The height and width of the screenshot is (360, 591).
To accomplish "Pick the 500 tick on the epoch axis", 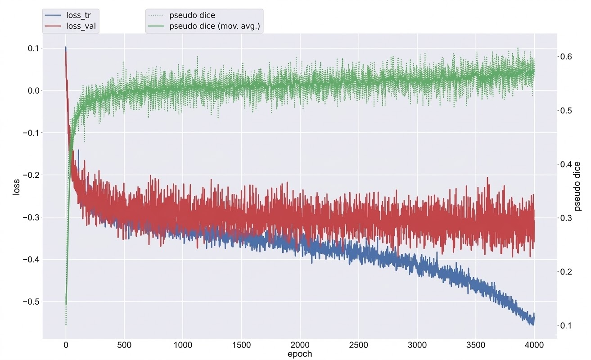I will pyautogui.click(x=124, y=346).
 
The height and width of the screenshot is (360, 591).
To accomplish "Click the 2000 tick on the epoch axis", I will pyautogui.click(x=300, y=346).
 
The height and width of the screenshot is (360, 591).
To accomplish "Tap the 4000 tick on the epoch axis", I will pyautogui.click(x=534, y=346).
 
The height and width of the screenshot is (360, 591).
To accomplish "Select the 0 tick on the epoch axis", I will pyautogui.click(x=66, y=346).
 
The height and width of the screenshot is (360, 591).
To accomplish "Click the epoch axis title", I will pyautogui.click(x=300, y=354).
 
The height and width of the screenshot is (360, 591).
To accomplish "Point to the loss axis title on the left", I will pyautogui.click(x=17, y=186).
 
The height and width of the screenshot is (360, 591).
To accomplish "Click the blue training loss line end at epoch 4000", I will pyautogui.click(x=533, y=318).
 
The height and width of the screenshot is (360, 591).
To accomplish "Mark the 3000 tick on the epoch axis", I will pyautogui.click(x=417, y=346).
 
